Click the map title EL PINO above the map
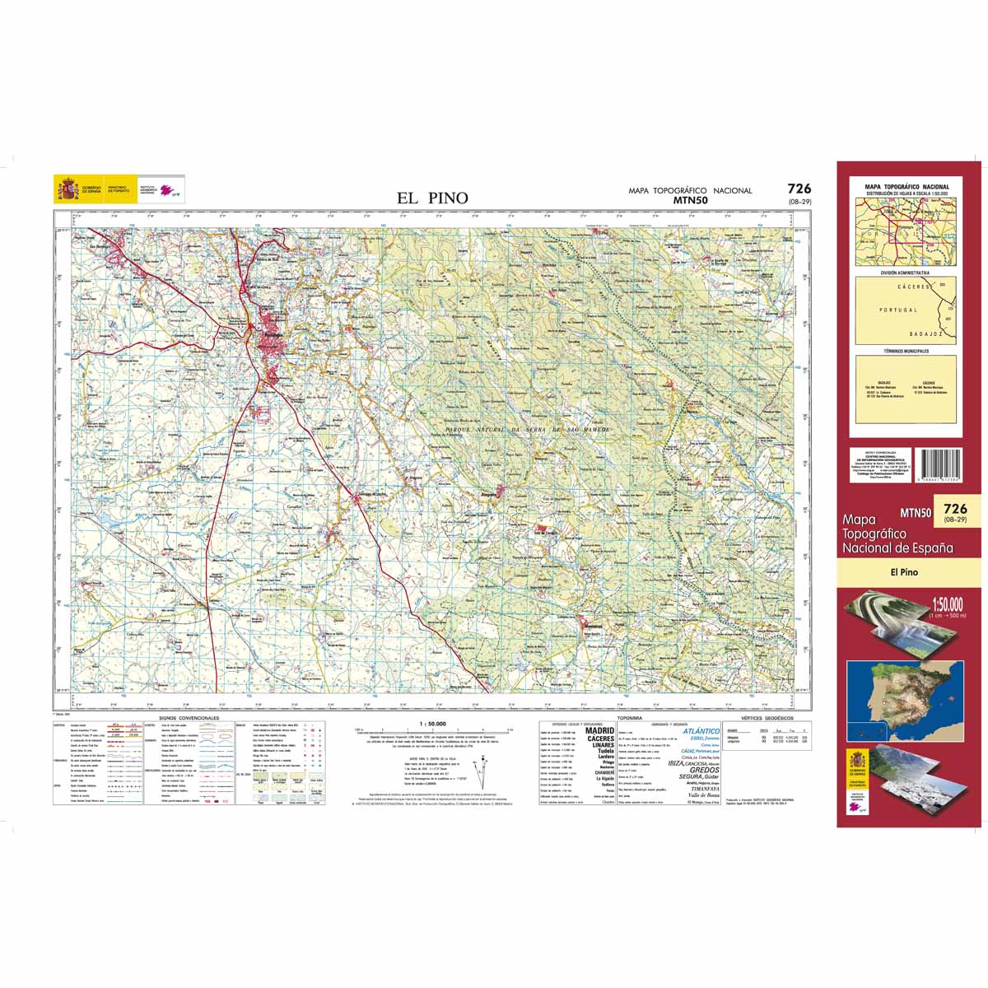[x=432, y=198]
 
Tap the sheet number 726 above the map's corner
[x=799, y=189]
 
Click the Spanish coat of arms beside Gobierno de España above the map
[x=62, y=189]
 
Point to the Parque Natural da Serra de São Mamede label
[x=527, y=430]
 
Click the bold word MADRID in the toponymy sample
[x=599, y=729]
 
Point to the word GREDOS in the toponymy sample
[x=705, y=770]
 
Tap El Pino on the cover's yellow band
[x=903, y=572]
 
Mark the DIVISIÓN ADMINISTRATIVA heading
[x=905, y=272]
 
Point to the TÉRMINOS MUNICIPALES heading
[x=905, y=351]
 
